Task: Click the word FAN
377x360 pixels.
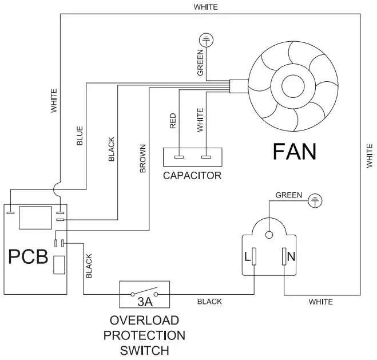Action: tap(294, 152)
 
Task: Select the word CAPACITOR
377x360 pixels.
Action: tap(192, 176)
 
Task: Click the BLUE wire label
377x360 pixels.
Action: tap(80, 136)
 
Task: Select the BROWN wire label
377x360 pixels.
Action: tap(142, 159)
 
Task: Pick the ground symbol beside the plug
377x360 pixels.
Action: tap(315, 200)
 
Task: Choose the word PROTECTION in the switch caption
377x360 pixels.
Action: tap(145, 334)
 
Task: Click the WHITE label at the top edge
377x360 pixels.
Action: tap(205, 7)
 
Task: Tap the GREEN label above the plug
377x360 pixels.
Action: tap(289, 195)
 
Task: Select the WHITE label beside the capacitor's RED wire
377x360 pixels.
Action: tap(200, 120)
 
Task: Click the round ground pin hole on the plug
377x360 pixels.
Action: tap(269, 234)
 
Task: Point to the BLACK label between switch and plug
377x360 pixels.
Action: tap(209, 302)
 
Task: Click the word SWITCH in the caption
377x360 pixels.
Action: tap(145, 349)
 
